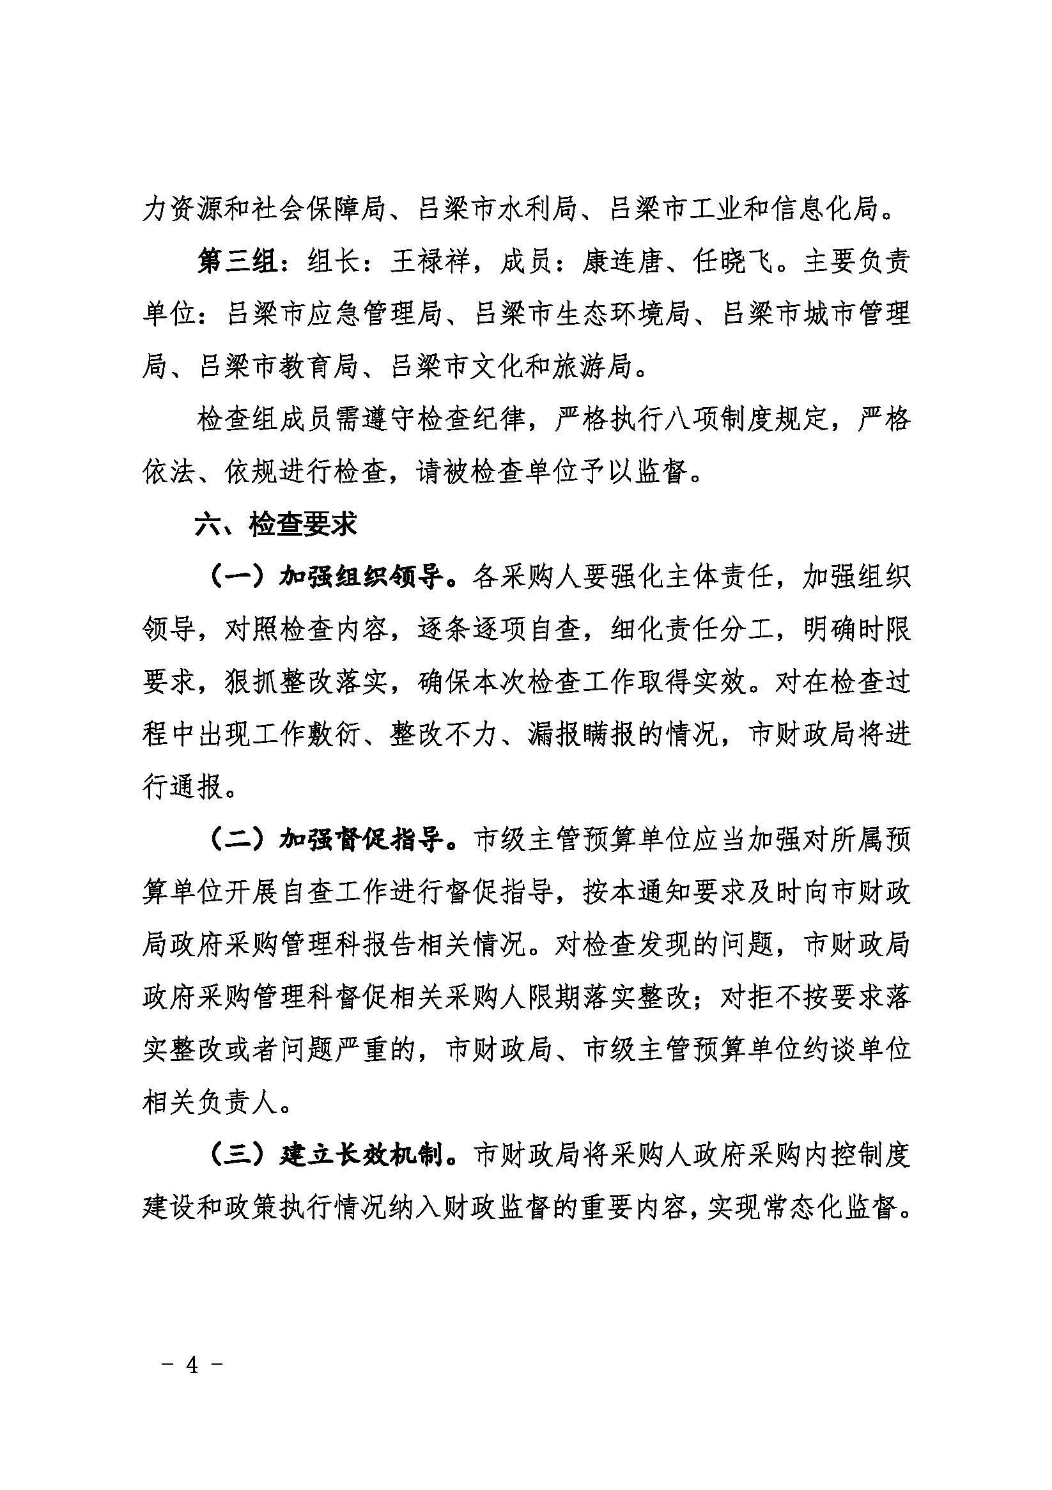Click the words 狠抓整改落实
pos(306,682)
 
